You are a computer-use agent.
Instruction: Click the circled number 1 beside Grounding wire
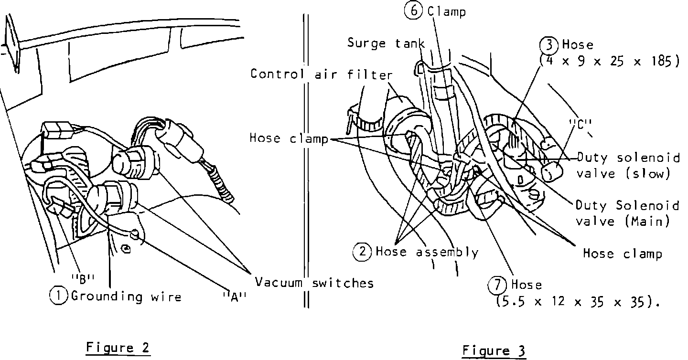point(58,296)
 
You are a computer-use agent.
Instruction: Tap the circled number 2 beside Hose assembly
point(362,252)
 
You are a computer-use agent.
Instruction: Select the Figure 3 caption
point(494,351)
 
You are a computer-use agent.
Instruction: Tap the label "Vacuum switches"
point(314,283)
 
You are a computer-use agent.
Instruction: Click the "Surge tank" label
point(386,43)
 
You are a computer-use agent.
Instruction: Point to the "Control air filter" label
point(322,74)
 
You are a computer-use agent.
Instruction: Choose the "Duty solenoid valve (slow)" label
point(628,165)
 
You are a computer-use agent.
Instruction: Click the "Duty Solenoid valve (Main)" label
point(627,213)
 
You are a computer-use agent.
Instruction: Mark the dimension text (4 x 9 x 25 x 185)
point(609,62)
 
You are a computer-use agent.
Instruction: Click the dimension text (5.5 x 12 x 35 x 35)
point(578,302)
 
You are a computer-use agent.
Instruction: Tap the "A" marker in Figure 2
point(235,297)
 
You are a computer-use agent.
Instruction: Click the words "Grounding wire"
point(126,296)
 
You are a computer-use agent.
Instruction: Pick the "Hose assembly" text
point(427,252)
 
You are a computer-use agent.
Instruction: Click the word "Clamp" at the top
point(447,11)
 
